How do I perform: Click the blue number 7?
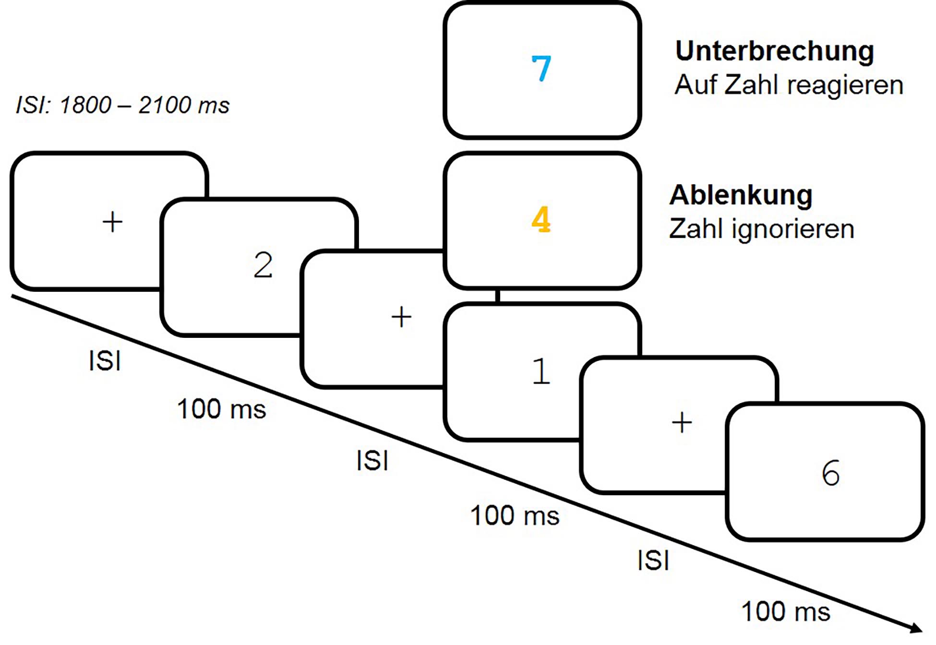click(541, 69)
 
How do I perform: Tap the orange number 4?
click(541, 220)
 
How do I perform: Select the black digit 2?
click(263, 265)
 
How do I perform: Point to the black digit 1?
click(541, 371)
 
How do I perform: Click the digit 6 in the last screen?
click(831, 473)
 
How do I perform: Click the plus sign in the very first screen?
click(113, 222)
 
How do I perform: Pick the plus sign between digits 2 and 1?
click(401, 317)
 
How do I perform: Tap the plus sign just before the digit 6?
click(682, 423)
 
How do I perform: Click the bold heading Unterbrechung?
click(774, 51)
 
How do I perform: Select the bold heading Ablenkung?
click(741, 195)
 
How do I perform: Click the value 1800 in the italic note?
click(85, 105)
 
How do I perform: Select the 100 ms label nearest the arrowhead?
click(786, 612)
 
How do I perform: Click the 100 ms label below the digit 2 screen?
click(221, 409)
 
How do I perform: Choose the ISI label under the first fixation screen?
click(105, 361)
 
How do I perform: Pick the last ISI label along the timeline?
click(653, 561)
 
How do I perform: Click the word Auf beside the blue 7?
click(696, 85)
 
